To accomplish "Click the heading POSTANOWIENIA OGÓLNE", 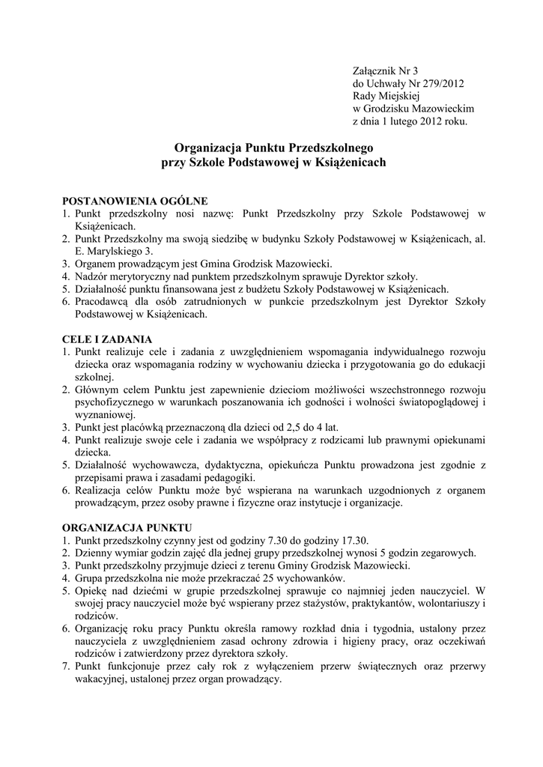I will tap(134, 201).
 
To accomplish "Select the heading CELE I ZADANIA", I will tap(107, 339).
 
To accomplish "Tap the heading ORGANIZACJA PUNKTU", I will tap(127, 527).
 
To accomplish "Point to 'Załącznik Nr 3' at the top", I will tap(388, 70).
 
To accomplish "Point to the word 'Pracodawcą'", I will tap(104, 302).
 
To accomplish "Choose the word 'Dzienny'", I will tap(94, 553).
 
